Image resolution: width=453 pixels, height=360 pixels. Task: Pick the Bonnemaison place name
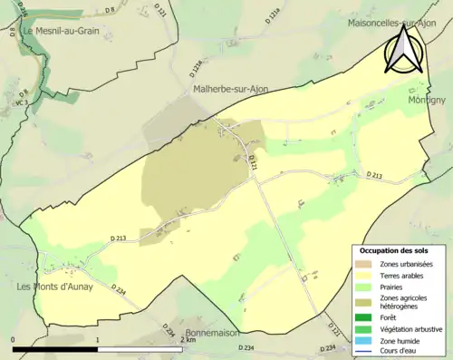[x=211, y=333]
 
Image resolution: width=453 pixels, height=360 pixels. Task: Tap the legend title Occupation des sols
[x=394, y=250]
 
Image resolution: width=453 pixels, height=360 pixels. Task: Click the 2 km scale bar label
[x=188, y=339]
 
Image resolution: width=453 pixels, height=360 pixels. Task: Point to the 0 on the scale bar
[x=13, y=339]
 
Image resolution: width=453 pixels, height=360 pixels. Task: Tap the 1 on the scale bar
[x=96, y=339]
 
